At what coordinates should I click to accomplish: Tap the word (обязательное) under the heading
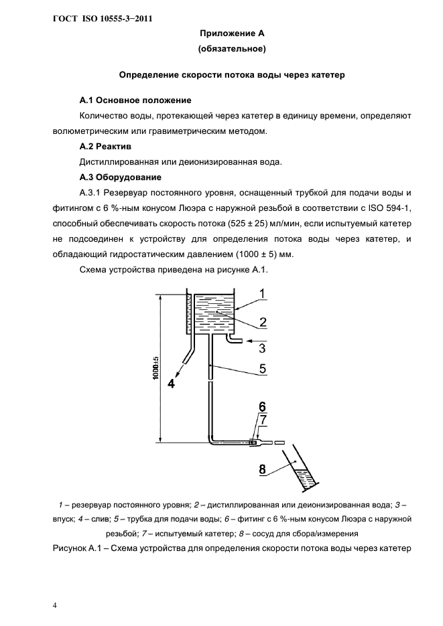231,49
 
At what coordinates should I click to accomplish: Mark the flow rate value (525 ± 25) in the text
273,223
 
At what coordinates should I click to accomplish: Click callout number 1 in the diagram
263,293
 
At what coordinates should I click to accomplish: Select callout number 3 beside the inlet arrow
263,347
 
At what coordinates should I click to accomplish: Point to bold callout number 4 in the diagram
170,384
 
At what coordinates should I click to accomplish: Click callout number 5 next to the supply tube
263,368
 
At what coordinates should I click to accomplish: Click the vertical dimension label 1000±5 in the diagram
155,368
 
